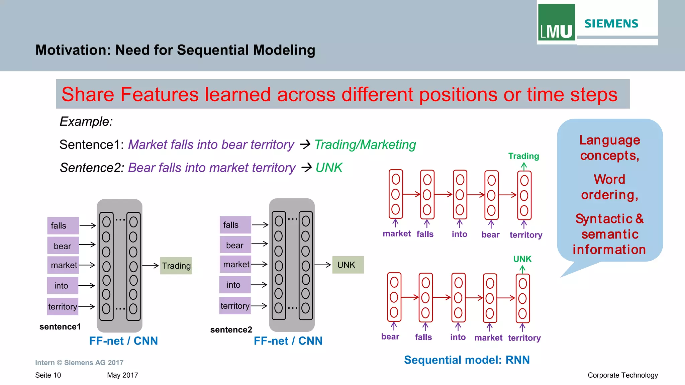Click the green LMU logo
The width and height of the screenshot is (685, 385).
(x=556, y=22)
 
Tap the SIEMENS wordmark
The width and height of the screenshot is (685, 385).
(x=611, y=24)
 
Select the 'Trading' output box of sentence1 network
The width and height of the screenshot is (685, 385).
(x=176, y=266)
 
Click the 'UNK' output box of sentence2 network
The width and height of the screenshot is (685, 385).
(x=348, y=265)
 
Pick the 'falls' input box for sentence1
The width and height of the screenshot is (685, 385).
(x=63, y=226)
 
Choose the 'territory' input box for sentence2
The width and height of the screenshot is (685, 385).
(x=235, y=306)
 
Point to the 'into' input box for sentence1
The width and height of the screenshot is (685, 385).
(x=63, y=286)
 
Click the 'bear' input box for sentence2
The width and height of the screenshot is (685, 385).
(x=235, y=245)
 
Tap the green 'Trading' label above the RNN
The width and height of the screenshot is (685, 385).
(x=523, y=156)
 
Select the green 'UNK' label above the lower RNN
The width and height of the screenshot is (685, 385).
(x=522, y=259)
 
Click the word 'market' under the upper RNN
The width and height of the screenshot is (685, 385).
(x=397, y=233)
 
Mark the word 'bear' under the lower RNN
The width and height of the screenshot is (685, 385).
(x=390, y=336)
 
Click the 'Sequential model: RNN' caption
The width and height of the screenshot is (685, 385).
(x=467, y=360)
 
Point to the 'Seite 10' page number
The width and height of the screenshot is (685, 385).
(x=48, y=375)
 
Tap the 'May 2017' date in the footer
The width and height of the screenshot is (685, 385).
(x=122, y=375)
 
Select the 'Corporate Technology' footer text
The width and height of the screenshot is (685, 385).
(x=622, y=375)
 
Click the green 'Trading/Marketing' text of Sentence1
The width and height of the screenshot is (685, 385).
(x=365, y=145)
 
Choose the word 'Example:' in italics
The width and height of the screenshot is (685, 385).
(x=86, y=121)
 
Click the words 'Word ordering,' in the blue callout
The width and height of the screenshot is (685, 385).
(x=609, y=187)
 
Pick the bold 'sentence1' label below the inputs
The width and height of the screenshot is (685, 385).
(x=60, y=327)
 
